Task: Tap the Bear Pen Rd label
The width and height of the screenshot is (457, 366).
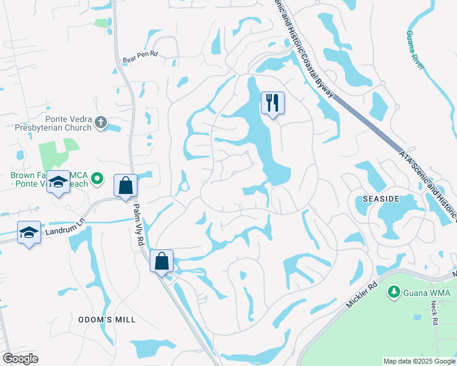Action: (141, 54)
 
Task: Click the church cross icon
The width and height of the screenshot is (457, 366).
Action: (101, 124)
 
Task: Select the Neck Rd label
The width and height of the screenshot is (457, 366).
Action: (434, 312)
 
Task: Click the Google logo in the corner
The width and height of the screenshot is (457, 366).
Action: (20, 359)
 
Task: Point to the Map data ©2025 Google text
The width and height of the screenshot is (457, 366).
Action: (419, 361)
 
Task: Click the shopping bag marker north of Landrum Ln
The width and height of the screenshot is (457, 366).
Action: (125, 186)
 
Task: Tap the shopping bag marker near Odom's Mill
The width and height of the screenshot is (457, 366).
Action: (162, 262)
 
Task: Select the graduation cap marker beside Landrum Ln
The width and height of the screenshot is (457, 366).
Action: (29, 232)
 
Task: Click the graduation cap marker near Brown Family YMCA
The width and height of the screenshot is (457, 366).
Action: (59, 182)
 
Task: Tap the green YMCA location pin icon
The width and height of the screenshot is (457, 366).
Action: (97, 179)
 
